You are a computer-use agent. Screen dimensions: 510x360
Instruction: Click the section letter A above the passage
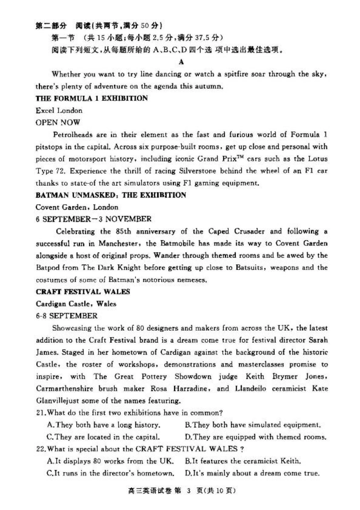coord(181,62)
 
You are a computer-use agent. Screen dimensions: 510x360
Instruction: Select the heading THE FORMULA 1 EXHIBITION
coord(92,98)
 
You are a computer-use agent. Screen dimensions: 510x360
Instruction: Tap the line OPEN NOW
coord(58,122)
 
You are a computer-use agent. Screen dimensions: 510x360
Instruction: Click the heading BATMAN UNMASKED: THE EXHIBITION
coord(111,195)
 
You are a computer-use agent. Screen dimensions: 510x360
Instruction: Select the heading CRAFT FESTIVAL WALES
coord(83,292)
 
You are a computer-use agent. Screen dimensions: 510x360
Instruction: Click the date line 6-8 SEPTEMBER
coord(67,316)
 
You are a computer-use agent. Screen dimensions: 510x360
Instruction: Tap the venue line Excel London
coord(59,110)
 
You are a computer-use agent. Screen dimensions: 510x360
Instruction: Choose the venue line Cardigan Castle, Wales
coord(76,304)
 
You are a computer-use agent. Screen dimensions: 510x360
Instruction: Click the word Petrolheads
coord(72,135)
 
